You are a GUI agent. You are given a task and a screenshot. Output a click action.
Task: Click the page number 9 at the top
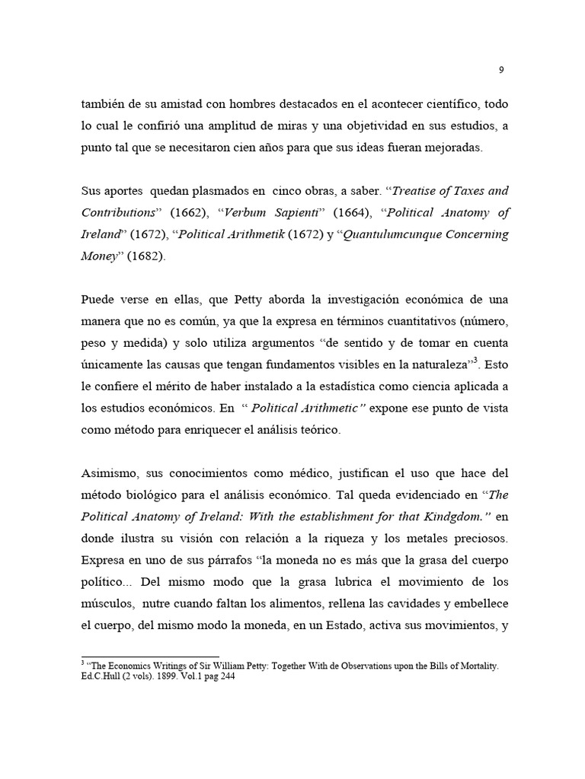click(x=501, y=70)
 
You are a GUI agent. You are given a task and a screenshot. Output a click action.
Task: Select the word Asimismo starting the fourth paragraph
click(x=110, y=472)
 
